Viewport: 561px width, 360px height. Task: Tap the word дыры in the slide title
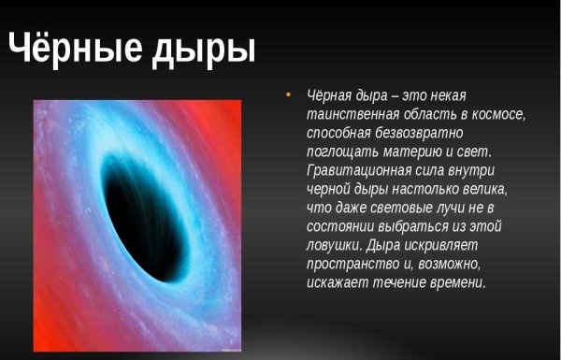click(x=208, y=48)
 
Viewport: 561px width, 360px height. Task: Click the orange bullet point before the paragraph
click(x=288, y=95)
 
